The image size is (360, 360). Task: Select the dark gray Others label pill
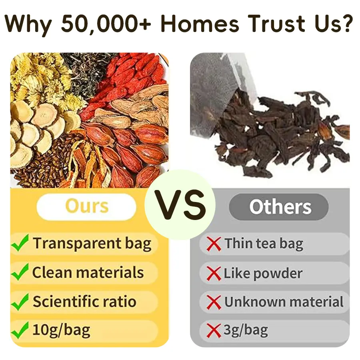(279, 207)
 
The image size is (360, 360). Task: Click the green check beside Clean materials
(20, 272)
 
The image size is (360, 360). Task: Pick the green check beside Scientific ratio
(20, 302)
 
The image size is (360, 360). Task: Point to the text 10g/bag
(61, 330)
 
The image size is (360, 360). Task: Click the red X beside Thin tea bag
(214, 244)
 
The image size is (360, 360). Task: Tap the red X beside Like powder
(214, 273)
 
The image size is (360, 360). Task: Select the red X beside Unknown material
(214, 302)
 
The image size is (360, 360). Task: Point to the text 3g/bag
(246, 330)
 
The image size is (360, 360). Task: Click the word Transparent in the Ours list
(77, 243)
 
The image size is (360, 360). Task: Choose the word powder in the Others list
(278, 274)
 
